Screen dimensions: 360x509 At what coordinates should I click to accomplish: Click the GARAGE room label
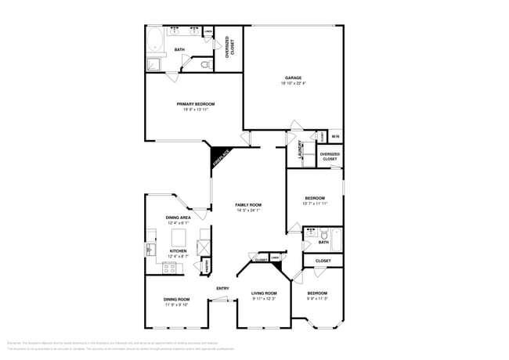(294, 77)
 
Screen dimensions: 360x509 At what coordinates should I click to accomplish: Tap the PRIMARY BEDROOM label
(195, 103)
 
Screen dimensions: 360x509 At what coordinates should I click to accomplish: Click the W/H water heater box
(335, 138)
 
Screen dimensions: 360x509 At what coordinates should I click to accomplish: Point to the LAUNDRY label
(301, 148)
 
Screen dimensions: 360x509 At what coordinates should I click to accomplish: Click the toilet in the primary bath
(205, 66)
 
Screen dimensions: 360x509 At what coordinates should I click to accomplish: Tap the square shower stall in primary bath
(153, 64)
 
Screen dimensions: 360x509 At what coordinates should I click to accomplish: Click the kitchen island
(179, 236)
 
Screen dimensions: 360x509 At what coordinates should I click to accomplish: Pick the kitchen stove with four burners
(169, 267)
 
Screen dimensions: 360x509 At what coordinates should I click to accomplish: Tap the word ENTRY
(222, 289)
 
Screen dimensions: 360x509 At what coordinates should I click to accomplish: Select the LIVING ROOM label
(264, 293)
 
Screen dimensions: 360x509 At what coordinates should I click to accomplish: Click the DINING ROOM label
(176, 299)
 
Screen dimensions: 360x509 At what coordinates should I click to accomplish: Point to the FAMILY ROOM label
(247, 205)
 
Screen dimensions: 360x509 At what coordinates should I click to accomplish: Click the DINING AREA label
(178, 218)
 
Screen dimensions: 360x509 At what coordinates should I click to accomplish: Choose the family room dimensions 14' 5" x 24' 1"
(247, 211)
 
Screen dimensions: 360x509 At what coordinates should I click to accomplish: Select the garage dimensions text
(294, 83)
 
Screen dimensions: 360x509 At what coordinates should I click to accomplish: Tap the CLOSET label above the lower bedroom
(323, 261)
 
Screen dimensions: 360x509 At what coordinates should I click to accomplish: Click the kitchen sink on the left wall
(150, 249)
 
